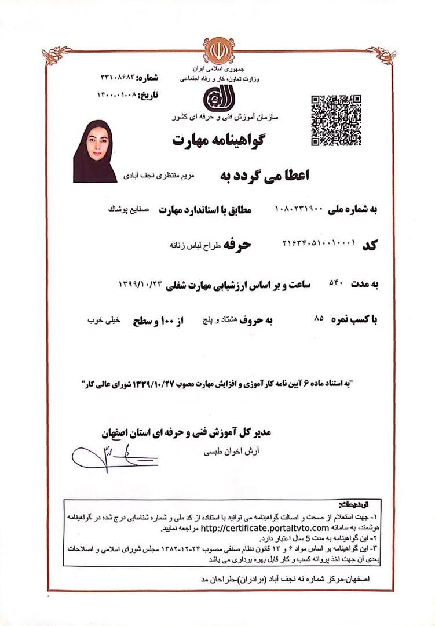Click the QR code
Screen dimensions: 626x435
336,119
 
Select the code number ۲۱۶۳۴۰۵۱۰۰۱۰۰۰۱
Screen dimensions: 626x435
317,245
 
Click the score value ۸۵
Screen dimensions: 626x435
318,318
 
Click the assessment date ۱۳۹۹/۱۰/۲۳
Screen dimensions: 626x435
139,285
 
